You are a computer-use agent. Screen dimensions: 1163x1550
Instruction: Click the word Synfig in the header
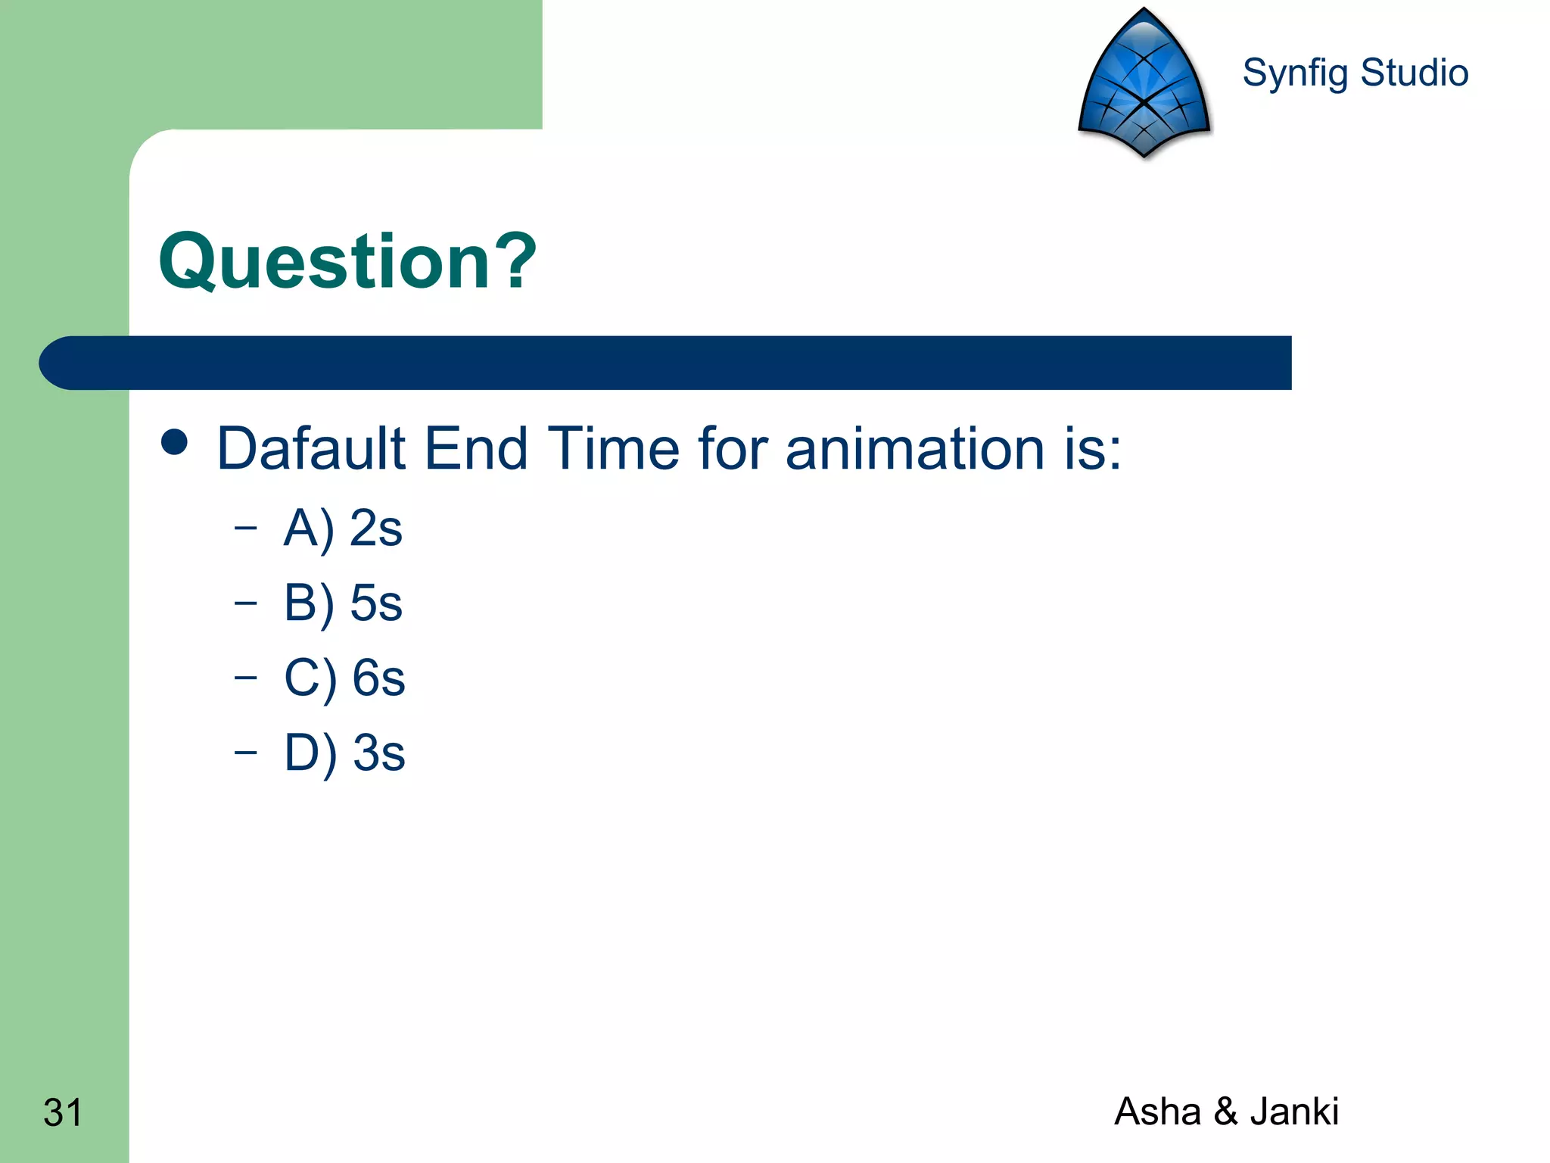pos(1295,74)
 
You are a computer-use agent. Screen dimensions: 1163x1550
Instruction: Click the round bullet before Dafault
pos(175,442)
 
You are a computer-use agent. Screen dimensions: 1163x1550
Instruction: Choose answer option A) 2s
pos(342,528)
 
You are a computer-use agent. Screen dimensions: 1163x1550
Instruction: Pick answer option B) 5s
pos(342,603)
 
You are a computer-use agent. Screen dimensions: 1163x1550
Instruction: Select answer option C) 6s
pos(344,678)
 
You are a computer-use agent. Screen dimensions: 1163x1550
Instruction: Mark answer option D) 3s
pos(344,753)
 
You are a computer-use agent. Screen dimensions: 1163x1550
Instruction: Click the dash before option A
pos(245,527)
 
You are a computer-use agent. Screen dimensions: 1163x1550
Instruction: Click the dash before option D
pos(245,751)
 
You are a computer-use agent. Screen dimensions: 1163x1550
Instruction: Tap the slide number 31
pos(63,1112)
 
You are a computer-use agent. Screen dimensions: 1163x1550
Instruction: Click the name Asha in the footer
pos(1157,1112)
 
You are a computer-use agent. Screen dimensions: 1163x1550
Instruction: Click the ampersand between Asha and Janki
pos(1225,1112)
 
